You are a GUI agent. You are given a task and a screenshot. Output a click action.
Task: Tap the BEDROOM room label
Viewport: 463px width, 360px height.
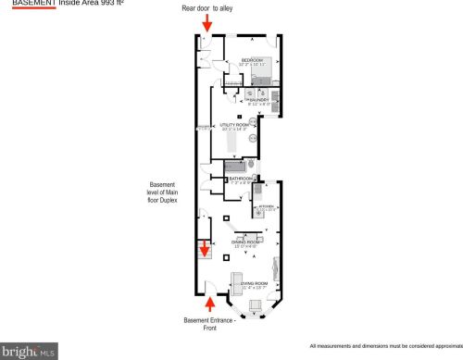(x=253, y=61)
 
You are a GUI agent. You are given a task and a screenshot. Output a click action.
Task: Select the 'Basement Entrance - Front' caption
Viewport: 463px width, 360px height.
(x=209, y=324)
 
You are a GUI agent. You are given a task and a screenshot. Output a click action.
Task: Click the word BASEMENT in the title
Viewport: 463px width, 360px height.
(x=27, y=3)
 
